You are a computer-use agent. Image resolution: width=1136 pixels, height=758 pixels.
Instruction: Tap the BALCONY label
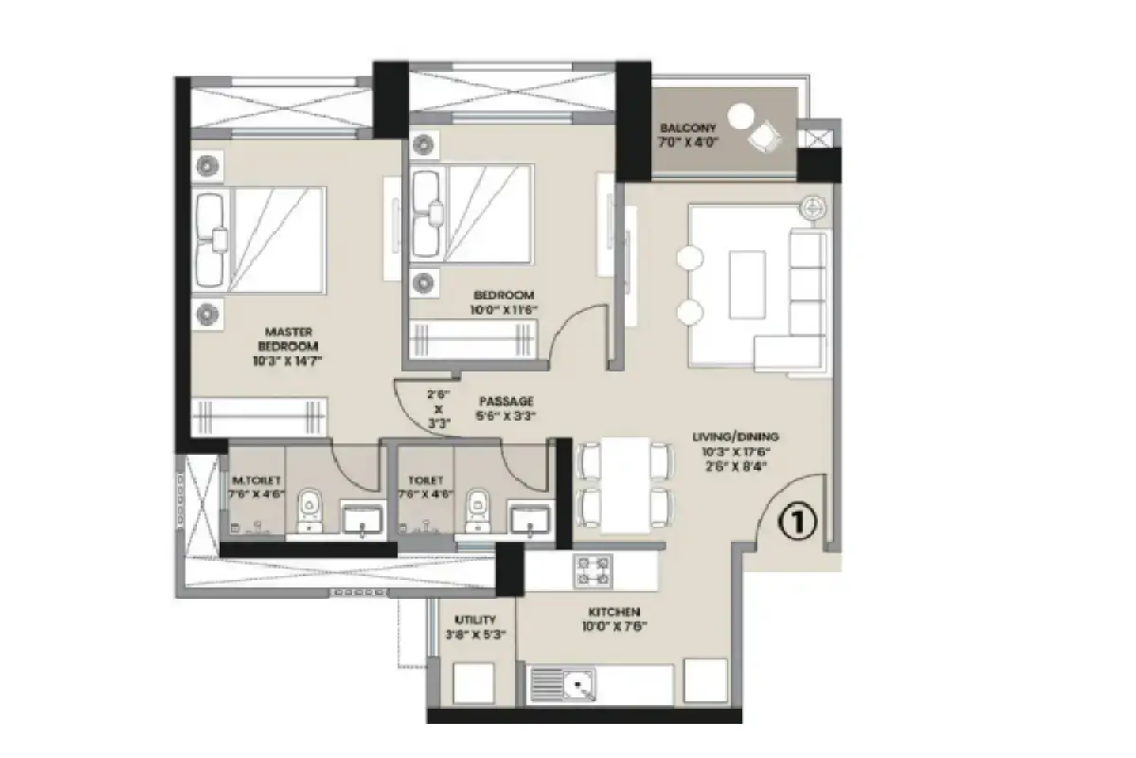pos(688,128)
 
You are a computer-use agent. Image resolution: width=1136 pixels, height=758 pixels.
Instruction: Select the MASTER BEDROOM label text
pos(290,338)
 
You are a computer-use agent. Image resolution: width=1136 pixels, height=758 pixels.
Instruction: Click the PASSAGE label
pos(506,401)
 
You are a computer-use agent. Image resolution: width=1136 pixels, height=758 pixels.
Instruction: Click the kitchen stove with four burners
pos(593,570)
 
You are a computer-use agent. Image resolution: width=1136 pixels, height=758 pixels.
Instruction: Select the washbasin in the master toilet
pos(361,519)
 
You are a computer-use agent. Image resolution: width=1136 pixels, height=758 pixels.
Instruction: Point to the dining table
pos(626,484)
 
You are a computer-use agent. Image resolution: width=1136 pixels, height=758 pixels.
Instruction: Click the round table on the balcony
pos(742,116)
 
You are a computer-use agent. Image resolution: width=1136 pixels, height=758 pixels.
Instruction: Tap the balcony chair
pos(765,138)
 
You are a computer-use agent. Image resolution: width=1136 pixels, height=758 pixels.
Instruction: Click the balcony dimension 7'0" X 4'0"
pos(688,142)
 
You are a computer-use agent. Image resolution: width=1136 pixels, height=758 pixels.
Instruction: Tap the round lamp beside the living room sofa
pos(813,206)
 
